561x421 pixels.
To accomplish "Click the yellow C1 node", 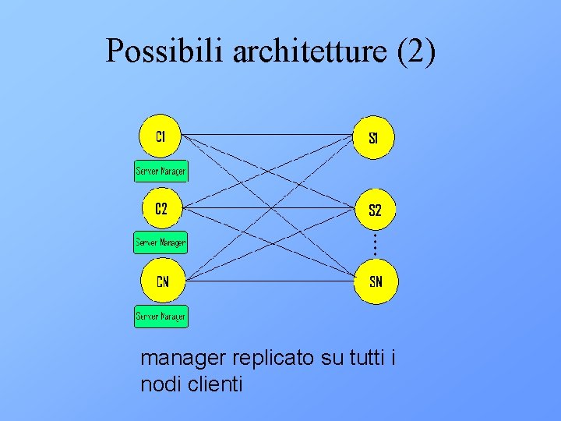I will (x=161, y=137).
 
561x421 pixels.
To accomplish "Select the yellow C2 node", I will (x=161, y=209).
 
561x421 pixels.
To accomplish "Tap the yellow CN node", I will (x=161, y=281).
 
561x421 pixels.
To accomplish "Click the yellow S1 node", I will (x=374, y=139).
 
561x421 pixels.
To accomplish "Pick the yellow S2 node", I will (x=375, y=210).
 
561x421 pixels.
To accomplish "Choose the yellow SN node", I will (x=376, y=281).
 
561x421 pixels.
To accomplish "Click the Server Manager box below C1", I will (x=161, y=170).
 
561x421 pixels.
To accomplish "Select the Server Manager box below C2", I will (x=161, y=242).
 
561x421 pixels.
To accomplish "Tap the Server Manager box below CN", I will (x=161, y=316).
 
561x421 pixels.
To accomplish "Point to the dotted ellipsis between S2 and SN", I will (x=375, y=245).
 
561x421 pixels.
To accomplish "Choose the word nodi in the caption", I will (x=158, y=384).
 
